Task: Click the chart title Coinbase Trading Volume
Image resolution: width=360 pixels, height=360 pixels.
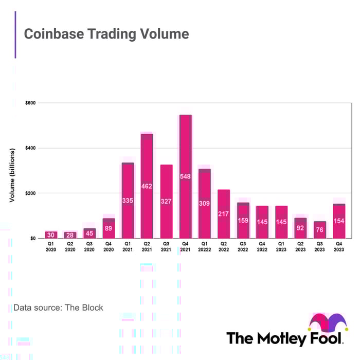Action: (106, 34)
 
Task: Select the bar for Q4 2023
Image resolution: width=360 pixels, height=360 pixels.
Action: (339, 221)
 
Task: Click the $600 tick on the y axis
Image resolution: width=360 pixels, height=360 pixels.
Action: (30, 103)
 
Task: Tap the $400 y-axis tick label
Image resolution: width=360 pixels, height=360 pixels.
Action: (30, 148)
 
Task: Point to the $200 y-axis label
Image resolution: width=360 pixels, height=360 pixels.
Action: (30, 193)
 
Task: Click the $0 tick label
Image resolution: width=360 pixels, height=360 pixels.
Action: (32, 239)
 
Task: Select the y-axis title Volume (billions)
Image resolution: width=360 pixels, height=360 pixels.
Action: (11, 175)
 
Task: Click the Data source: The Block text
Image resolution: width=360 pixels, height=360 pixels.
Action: (58, 308)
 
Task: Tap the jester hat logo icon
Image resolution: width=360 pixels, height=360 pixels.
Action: (327, 321)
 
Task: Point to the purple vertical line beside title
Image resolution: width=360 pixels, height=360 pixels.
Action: (15, 34)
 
